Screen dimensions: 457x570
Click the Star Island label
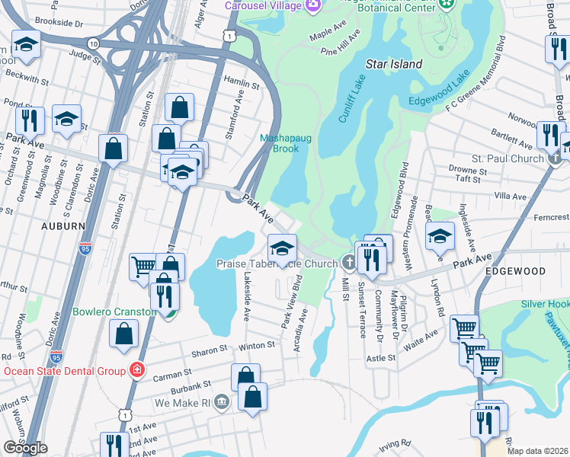(x=393, y=64)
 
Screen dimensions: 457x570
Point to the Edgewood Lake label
(x=455, y=89)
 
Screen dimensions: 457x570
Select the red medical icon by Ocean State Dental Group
(x=136, y=370)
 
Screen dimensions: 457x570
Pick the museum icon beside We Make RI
(x=221, y=401)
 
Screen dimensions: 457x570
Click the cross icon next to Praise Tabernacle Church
(x=350, y=264)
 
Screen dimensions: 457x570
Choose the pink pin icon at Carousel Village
(x=312, y=7)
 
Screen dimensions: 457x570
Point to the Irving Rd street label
(x=396, y=443)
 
